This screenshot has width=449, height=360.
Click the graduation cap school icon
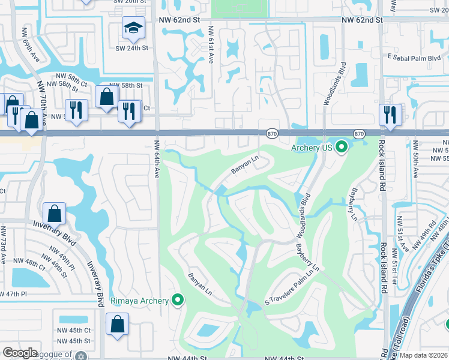pyautogui.click(x=133, y=27)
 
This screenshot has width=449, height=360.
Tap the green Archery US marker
pyautogui.click(x=342, y=146)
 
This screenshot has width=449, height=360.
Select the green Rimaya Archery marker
pyautogui.click(x=178, y=299)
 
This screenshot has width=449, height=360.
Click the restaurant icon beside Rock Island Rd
pyautogui.click(x=390, y=115)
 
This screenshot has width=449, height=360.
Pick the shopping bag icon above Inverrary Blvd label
pyautogui.click(x=55, y=214)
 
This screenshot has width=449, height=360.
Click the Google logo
pyautogui.click(x=20, y=353)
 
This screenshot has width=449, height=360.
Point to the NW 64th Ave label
pyautogui.click(x=156, y=159)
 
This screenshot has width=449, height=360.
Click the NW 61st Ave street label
pyautogui.click(x=211, y=45)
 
